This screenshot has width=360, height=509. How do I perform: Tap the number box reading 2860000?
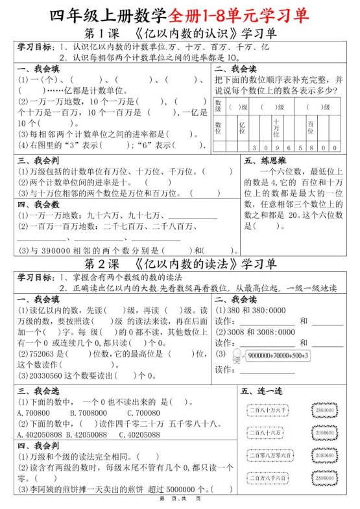point(324,410)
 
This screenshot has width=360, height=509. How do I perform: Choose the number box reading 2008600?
point(324,432)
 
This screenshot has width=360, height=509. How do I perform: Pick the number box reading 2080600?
point(324,455)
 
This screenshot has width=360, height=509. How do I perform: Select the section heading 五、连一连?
point(260,391)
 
